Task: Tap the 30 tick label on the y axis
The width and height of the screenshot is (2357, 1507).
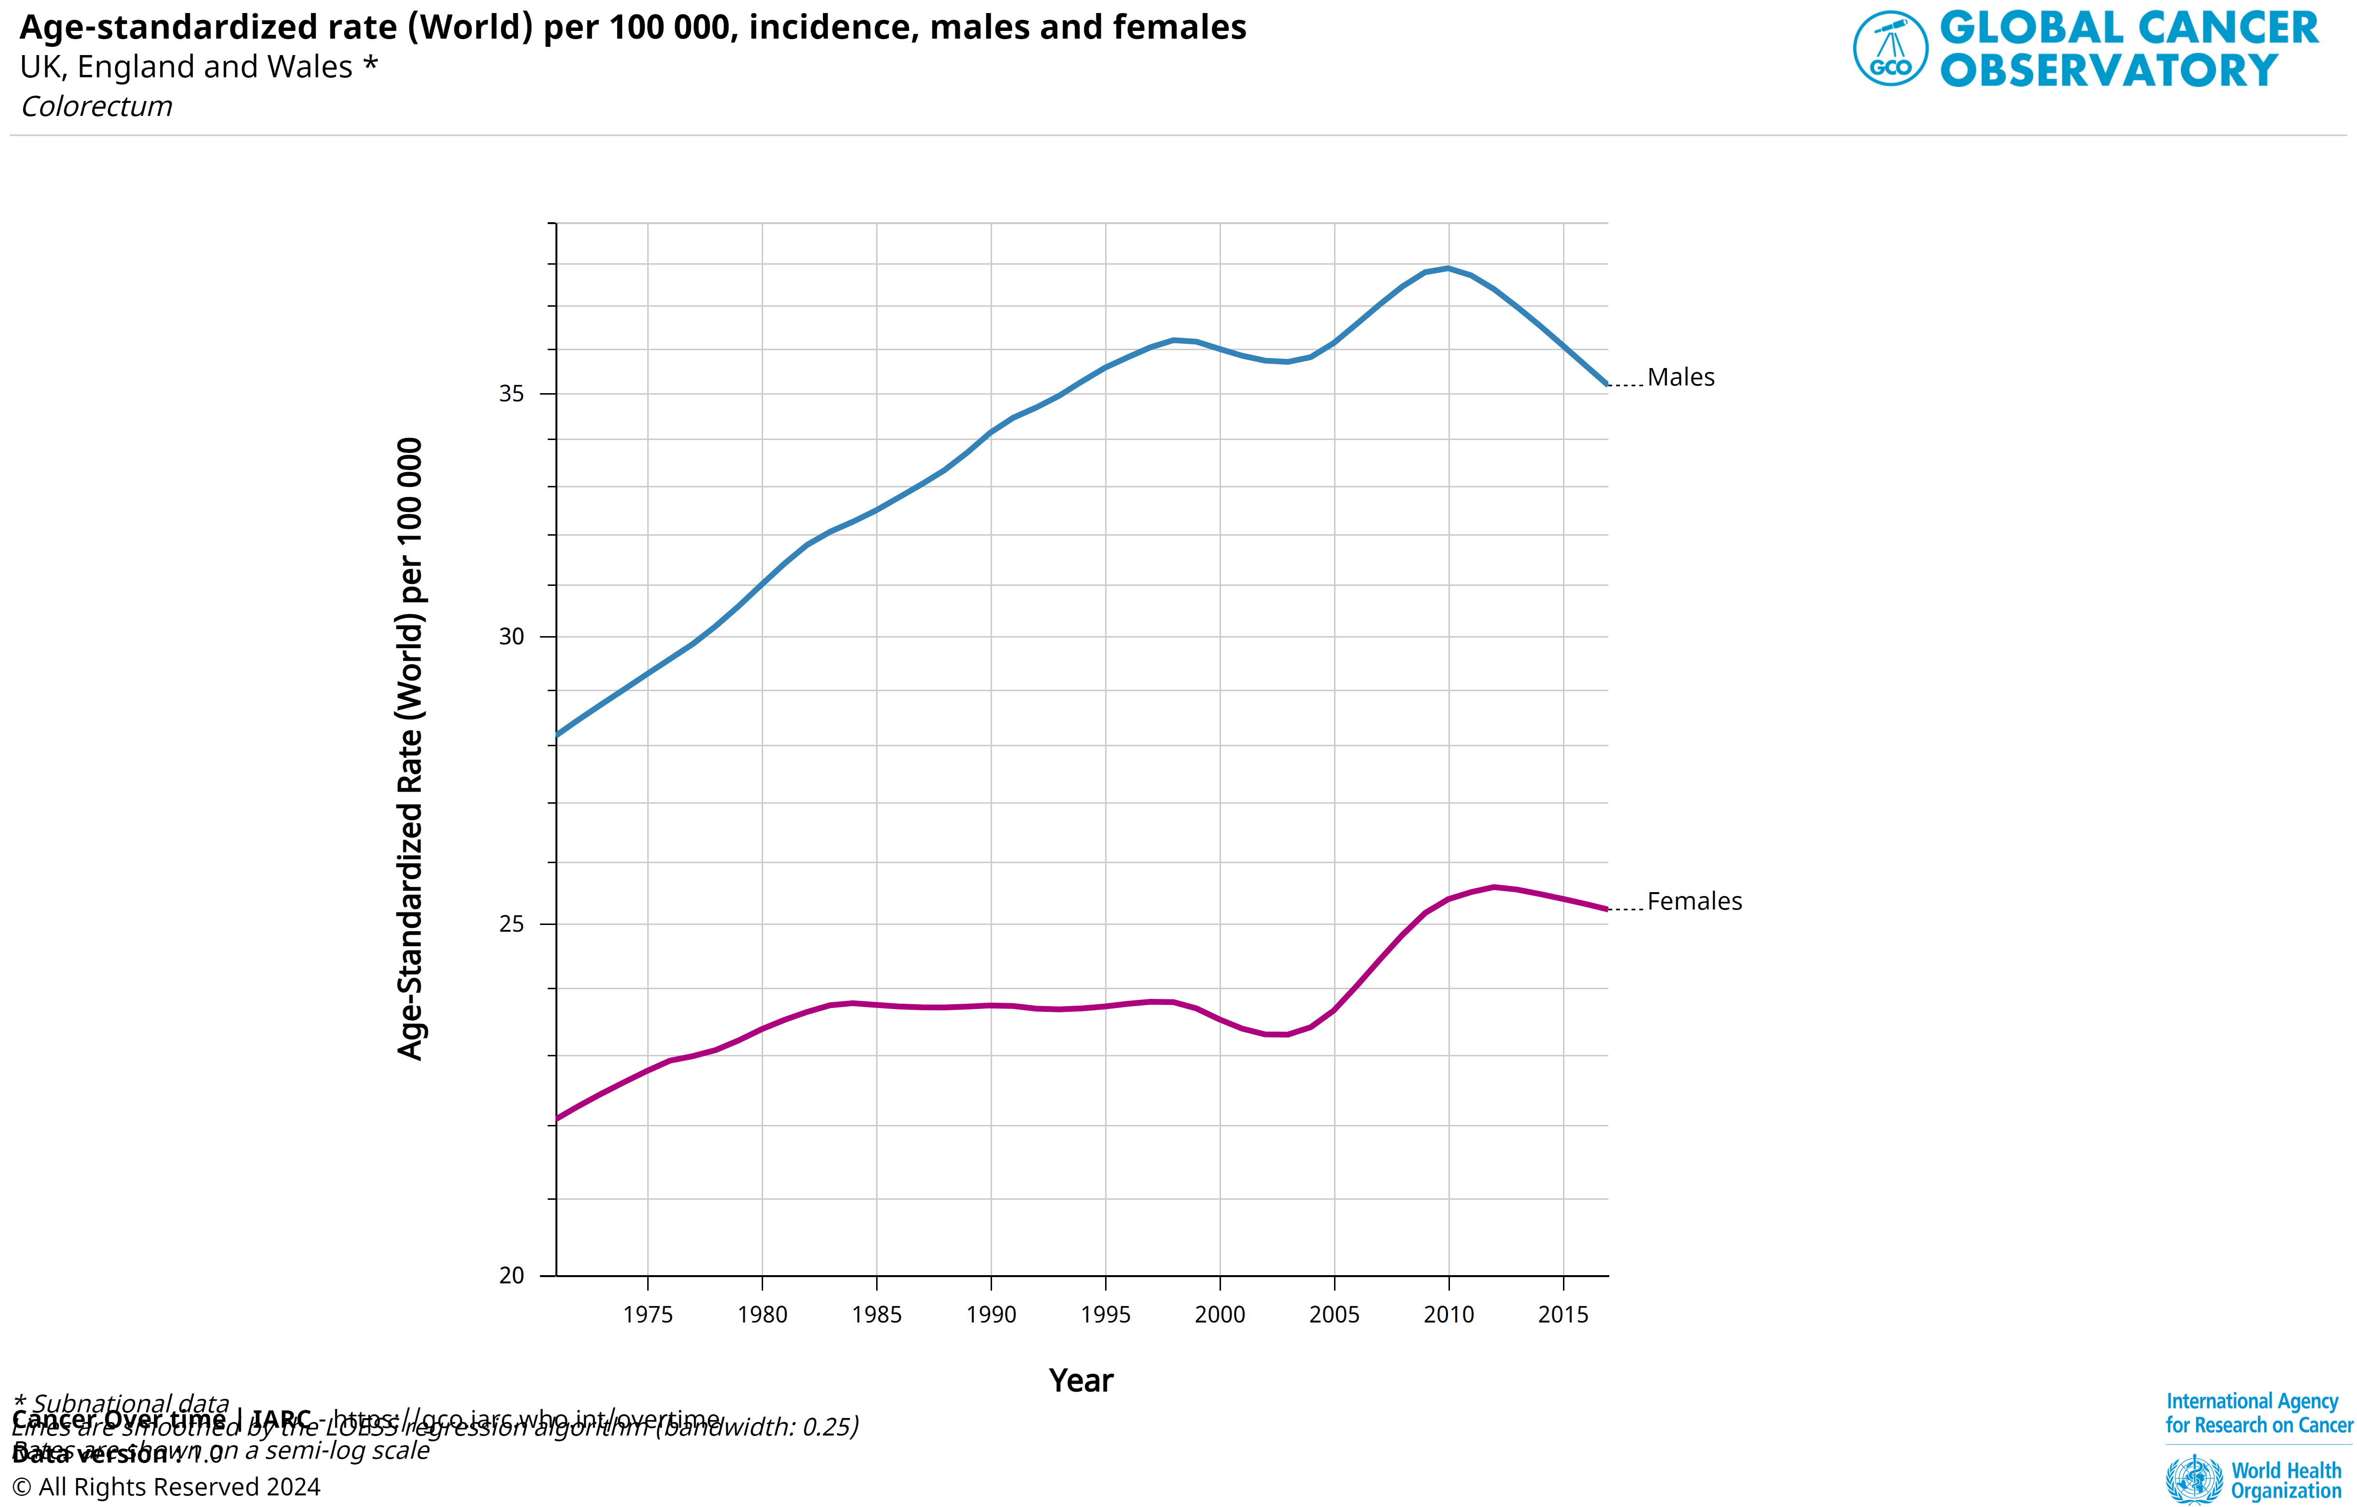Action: [512, 637]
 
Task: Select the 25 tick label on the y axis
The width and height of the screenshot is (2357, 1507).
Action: [512, 924]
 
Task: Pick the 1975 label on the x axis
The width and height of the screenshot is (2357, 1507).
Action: [648, 1314]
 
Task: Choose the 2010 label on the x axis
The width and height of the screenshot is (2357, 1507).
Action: [1448, 1314]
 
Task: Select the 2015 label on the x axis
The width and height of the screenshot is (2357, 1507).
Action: [1563, 1314]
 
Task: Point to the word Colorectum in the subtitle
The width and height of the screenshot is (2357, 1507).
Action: [97, 107]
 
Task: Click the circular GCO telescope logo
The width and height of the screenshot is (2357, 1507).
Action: [1890, 48]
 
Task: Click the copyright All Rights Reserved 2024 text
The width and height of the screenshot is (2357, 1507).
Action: [167, 1486]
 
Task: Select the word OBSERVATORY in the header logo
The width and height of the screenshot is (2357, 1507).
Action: [2109, 71]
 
